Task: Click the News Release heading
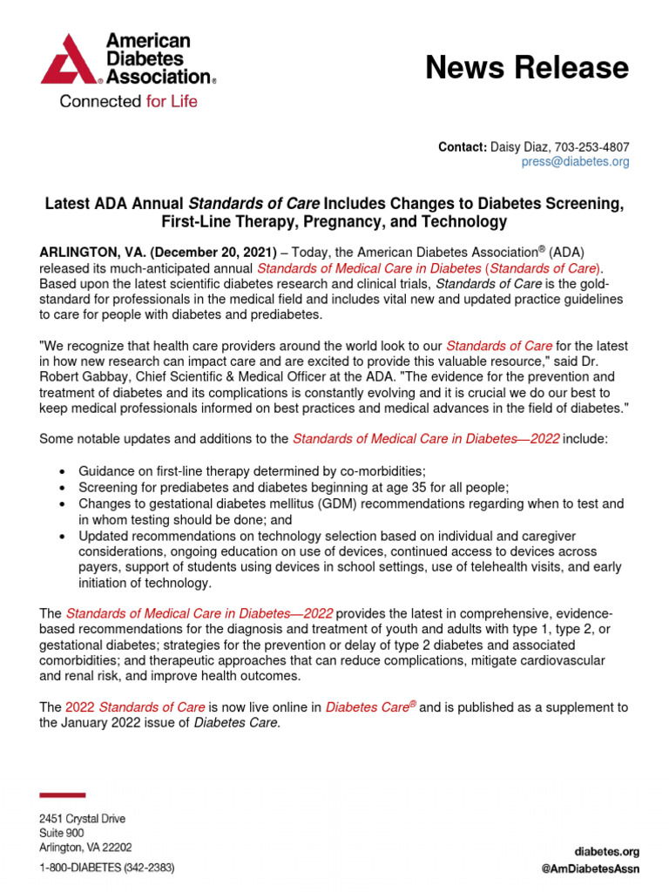pyautogui.click(x=526, y=67)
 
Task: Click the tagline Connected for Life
pyautogui.click(x=128, y=101)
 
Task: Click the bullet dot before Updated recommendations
pyautogui.click(x=61, y=537)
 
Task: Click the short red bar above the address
pyautogui.click(x=63, y=795)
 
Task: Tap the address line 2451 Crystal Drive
pyautogui.click(x=83, y=819)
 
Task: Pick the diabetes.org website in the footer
pyautogui.click(x=607, y=851)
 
